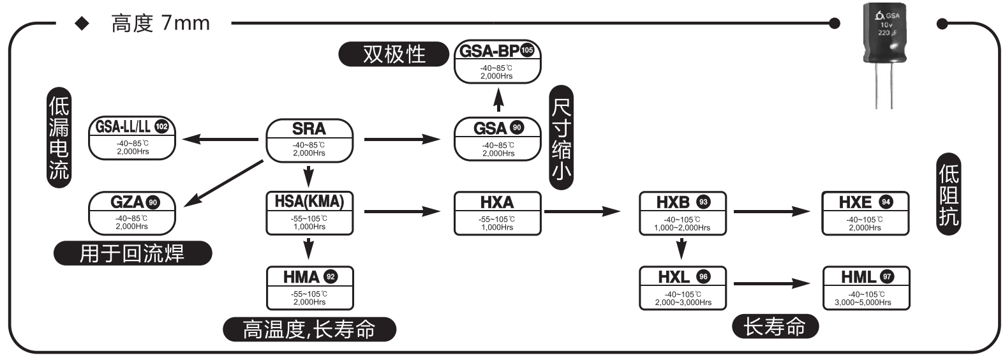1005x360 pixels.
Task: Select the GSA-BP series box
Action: [x=497, y=61]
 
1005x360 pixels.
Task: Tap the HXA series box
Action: [x=497, y=213]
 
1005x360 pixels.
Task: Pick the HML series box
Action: [x=865, y=288]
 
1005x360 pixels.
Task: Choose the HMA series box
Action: [x=309, y=288]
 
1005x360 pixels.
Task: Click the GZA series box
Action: [x=132, y=213]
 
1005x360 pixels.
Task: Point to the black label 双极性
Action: [x=394, y=54]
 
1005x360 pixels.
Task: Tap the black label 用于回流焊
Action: [x=132, y=253]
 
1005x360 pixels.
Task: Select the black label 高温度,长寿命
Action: [x=309, y=329]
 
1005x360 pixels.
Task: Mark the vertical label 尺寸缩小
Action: [x=561, y=139]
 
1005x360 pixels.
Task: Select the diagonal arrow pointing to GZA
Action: [x=223, y=183]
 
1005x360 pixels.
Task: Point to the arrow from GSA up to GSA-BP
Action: [x=498, y=100]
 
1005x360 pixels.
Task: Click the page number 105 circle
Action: [x=527, y=50]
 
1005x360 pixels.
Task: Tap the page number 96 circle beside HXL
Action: [x=703, y=276]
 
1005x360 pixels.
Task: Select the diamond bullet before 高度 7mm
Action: [x=82, y=24]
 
